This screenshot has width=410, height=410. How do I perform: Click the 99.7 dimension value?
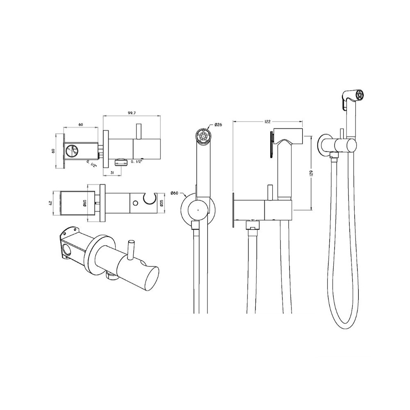coord(132,113)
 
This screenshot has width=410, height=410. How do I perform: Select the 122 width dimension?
coord(267,122)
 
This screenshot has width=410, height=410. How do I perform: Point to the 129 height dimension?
coord(311,173)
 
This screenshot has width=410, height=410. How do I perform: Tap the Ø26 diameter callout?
coord(218,125)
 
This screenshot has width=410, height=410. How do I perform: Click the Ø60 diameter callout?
coord(174,193)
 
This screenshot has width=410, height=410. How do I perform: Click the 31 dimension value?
coord(113,172)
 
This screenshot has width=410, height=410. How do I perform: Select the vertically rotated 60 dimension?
coord(53,151)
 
